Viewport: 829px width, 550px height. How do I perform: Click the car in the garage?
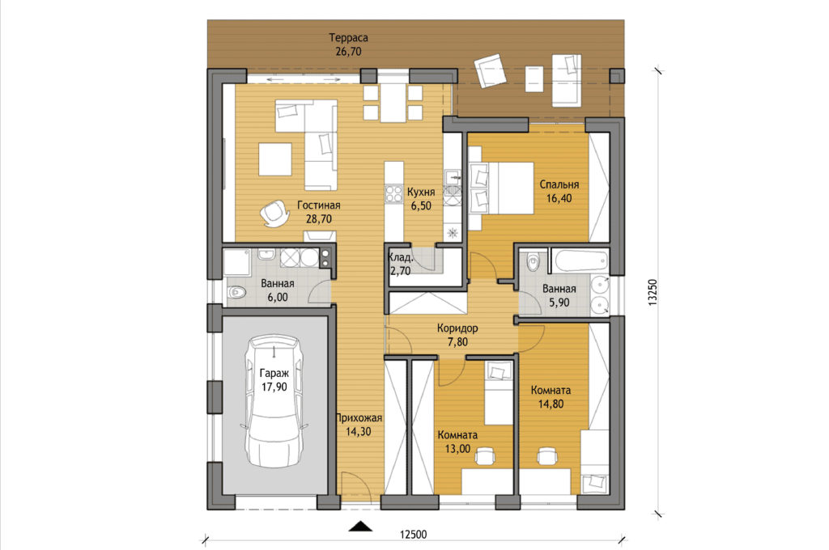[274, 401]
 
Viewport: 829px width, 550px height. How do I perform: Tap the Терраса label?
[348, 37]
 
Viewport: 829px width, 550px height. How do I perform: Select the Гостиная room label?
[318, 205]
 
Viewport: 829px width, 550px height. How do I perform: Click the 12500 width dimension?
[413, 534]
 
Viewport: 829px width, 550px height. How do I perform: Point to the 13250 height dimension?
[653, 292]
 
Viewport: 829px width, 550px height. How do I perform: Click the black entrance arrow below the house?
[360, 526]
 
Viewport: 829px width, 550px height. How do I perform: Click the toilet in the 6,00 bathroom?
[236, 292]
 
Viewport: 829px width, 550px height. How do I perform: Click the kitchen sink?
[453, 177]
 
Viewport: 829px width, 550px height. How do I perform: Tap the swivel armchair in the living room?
[275, 214]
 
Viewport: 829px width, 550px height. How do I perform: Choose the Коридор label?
[457, 328]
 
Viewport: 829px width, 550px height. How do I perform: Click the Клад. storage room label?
[401, 258]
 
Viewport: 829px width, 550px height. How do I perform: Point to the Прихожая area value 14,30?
[358, 432]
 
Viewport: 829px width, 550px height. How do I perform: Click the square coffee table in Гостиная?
[275, 159]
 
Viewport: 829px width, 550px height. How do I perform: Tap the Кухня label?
[421, 192]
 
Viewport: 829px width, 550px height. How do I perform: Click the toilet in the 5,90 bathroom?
[533, 262]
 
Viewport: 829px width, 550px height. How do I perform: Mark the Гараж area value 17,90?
[274, 387]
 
